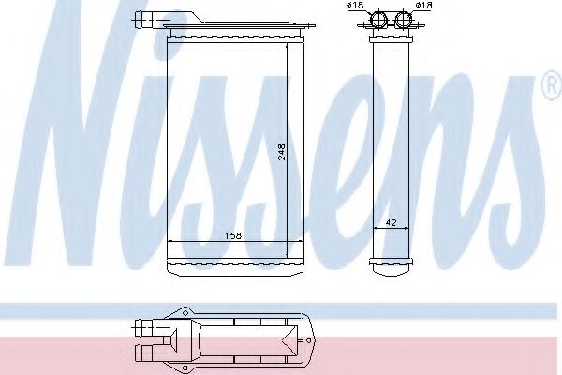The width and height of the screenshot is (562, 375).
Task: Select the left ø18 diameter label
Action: pyautogui.click(x=354, y=6)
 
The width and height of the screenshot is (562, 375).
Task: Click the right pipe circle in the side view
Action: pyautogui.click(x=403, y=21)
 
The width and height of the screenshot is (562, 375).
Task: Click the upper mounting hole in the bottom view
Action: pyautogui.click(x=185, y=313)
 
